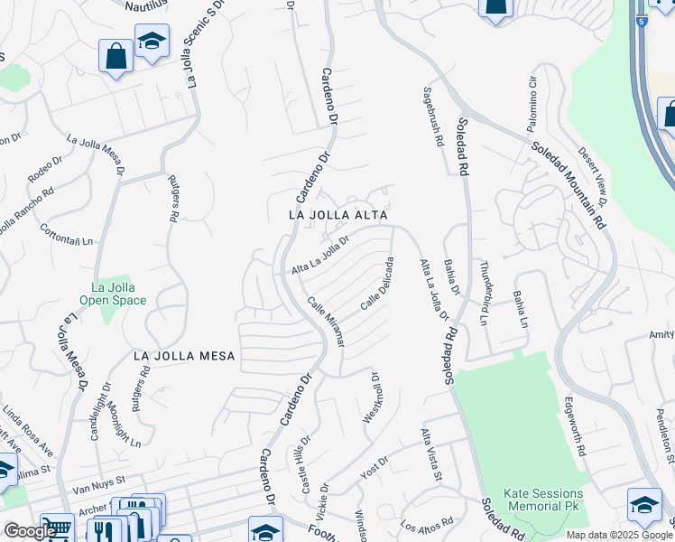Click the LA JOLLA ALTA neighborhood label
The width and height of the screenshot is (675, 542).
(337, 216)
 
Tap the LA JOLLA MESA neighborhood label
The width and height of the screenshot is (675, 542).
(184, 356)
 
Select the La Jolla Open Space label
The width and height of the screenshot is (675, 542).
(113, 294)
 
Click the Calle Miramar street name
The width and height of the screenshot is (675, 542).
(326, 322)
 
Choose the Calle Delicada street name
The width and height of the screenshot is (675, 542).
(378, 284)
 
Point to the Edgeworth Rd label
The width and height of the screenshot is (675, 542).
(574, 425)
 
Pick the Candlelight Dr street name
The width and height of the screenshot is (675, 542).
(97, 410)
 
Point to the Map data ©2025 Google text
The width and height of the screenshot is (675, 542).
(619, 535)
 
